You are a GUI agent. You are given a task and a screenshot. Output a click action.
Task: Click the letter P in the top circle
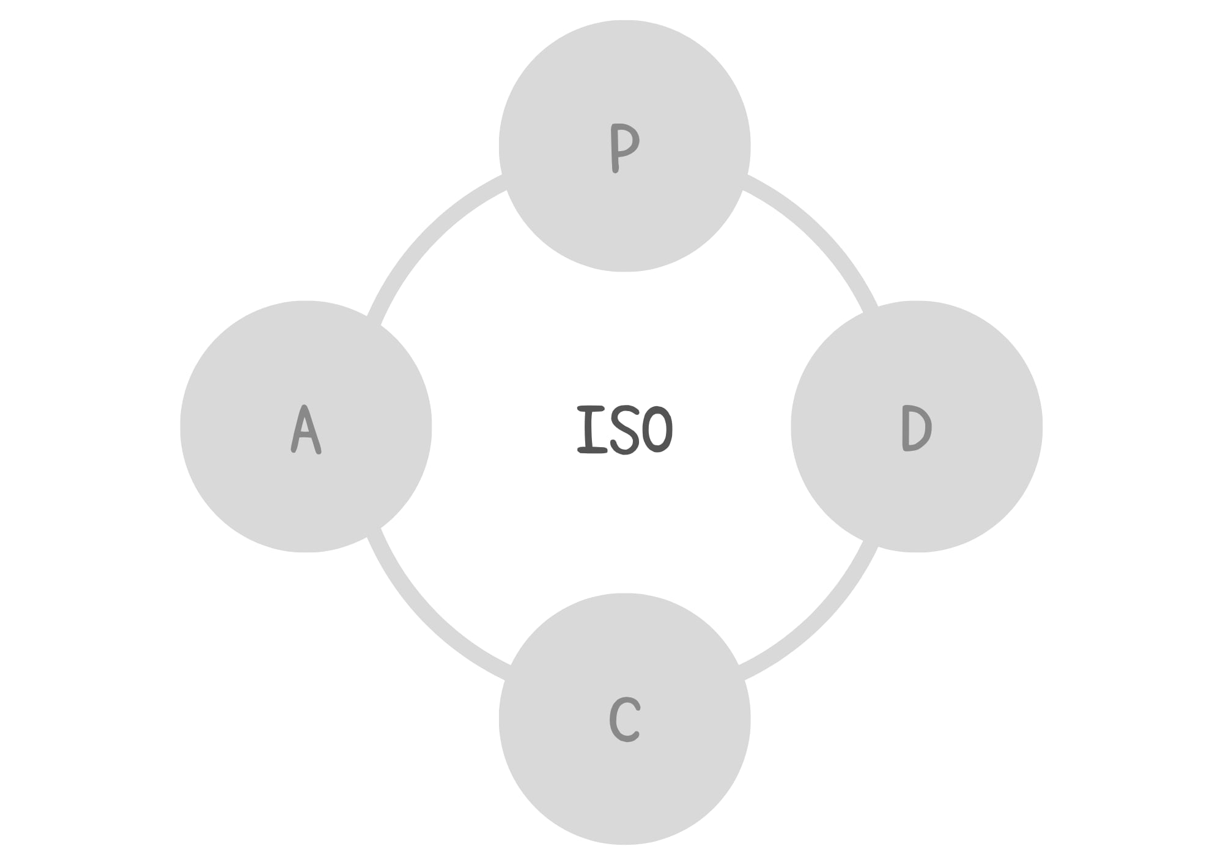624,148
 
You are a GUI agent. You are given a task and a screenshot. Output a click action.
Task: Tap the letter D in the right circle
917,428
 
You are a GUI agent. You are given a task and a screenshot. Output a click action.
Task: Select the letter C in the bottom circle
624,719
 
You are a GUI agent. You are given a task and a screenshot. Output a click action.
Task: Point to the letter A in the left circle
306,429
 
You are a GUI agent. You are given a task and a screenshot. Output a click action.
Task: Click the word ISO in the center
624,429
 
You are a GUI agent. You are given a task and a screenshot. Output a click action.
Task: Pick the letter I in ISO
592,429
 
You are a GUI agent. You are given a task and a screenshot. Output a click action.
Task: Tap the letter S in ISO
624,429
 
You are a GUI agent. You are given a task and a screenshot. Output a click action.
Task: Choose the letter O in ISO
657,429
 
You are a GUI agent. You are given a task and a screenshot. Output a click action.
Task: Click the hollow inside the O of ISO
658,429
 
